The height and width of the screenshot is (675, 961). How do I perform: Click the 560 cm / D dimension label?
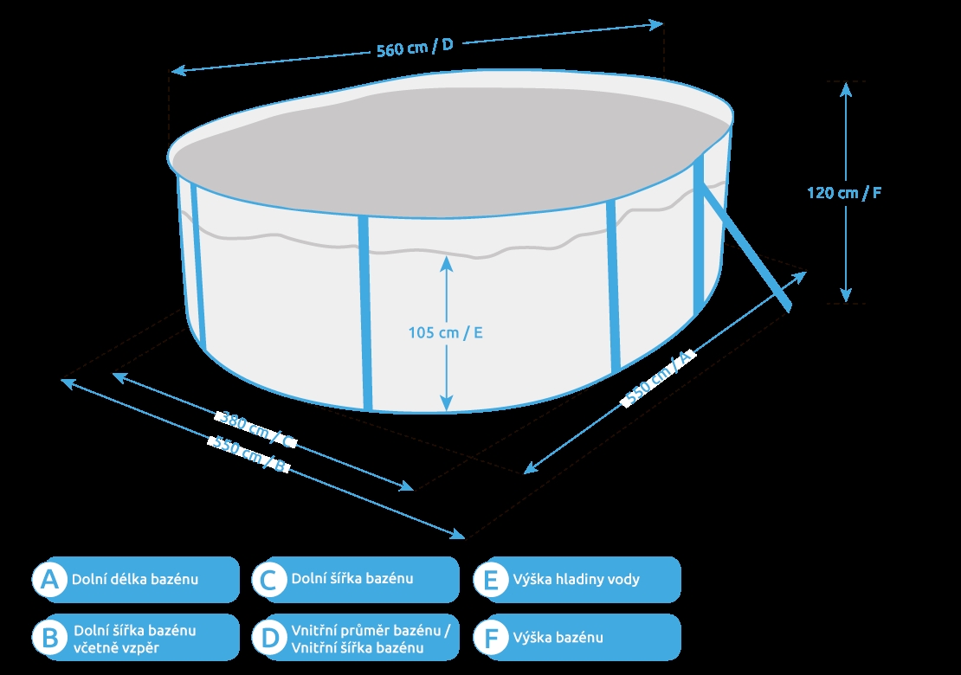[415, 48]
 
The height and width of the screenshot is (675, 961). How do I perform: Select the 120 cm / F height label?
[844, 193]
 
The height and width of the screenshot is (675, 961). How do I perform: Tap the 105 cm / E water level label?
[445, 332]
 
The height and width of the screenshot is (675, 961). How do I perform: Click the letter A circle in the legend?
[49, 580]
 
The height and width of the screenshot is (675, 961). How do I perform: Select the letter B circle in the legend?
[49, 638]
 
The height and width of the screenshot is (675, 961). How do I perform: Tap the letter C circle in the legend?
[269, 580]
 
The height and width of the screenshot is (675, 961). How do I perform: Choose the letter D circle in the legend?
[269, 638]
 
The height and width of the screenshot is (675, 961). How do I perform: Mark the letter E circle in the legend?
[491, 580]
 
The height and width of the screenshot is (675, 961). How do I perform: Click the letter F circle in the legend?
[491, 638]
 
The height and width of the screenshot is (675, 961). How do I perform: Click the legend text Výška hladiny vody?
[576, 579]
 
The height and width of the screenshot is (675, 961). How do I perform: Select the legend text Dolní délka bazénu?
[135, 579]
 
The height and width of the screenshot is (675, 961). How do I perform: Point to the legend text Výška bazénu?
[558, 638]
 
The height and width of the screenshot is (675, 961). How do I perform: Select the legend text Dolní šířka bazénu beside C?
[352, 579]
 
